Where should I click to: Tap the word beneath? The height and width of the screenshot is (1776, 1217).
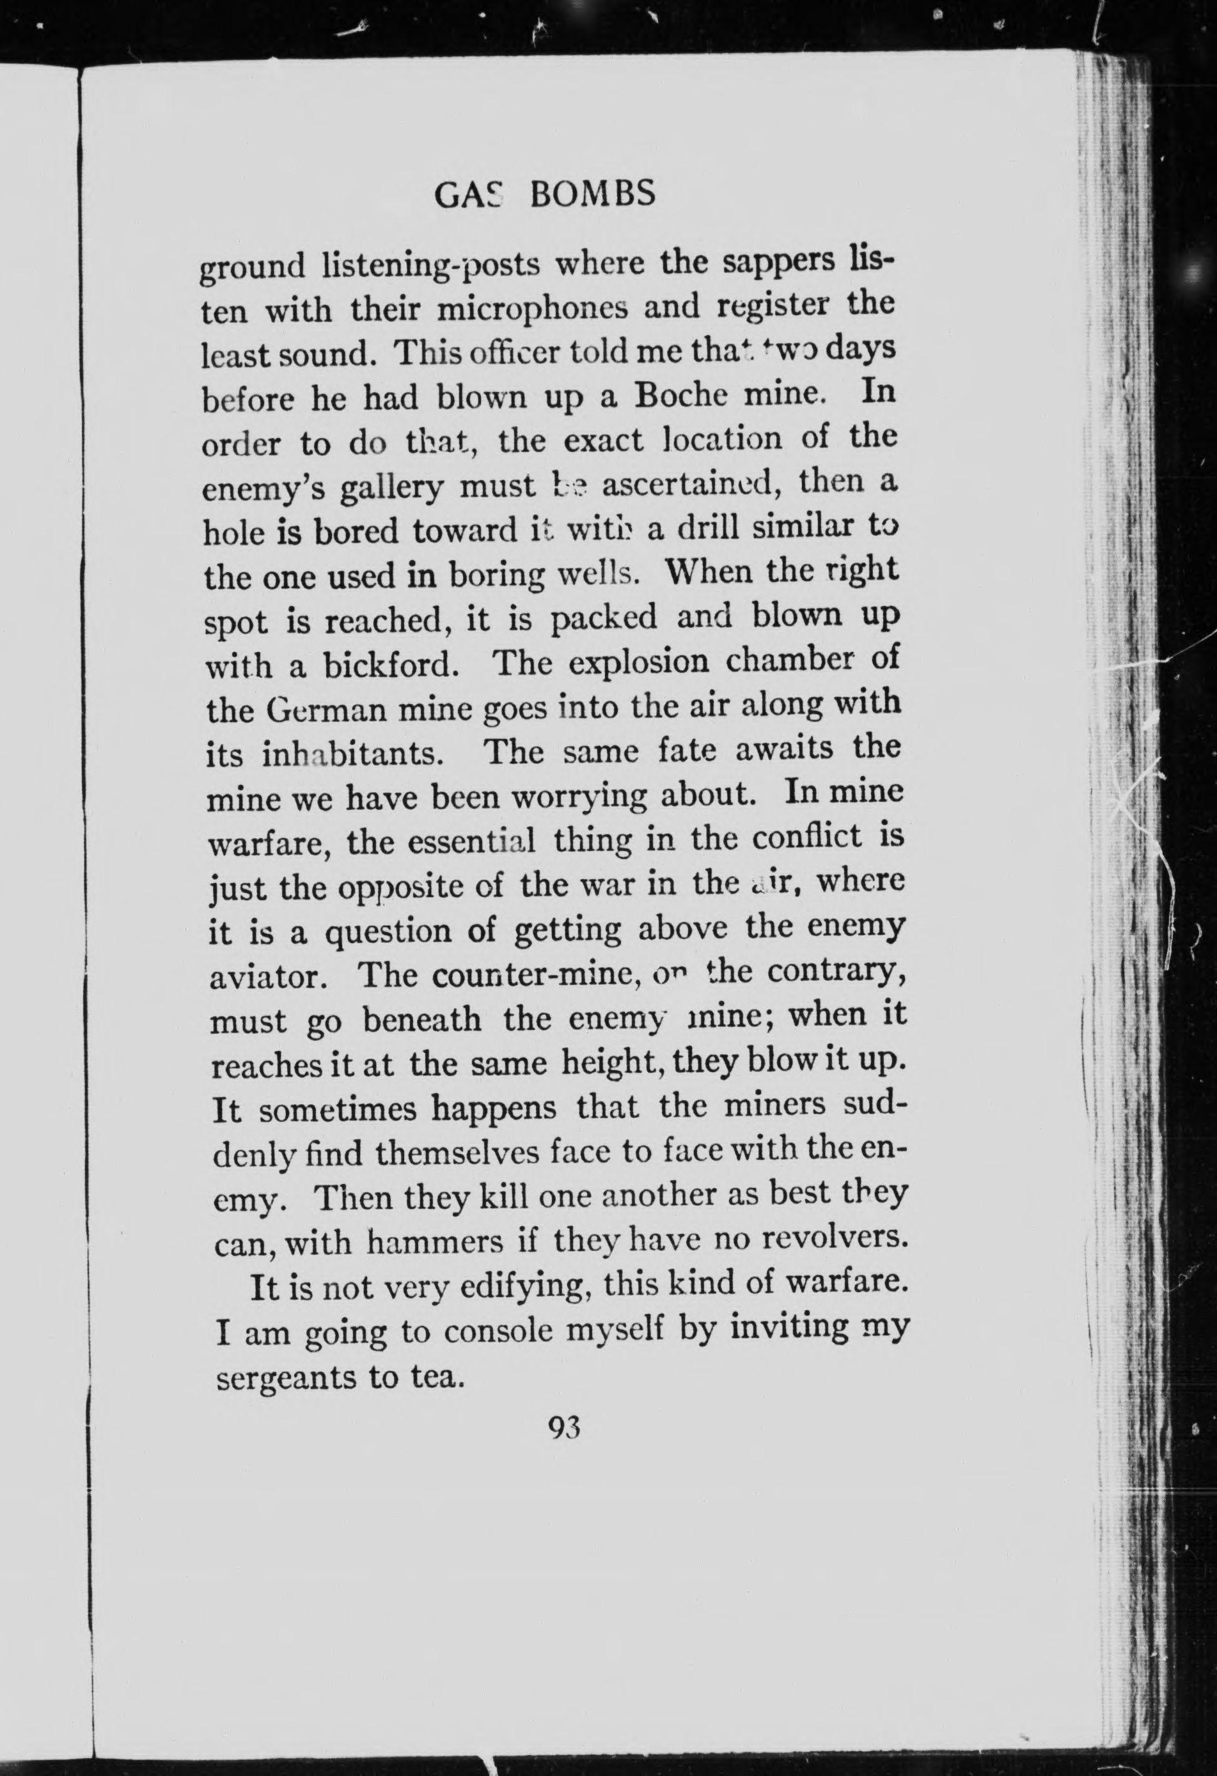[422, 1020]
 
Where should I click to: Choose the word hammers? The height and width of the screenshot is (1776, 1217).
[434, 1243]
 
